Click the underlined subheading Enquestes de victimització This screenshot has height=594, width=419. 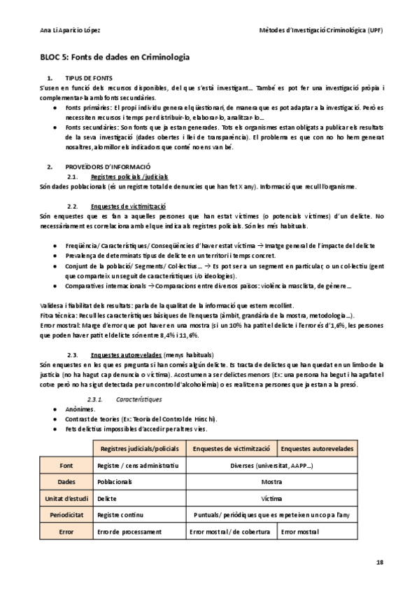tap(128, 207)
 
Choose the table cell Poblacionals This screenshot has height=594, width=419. tap(115, 482)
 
